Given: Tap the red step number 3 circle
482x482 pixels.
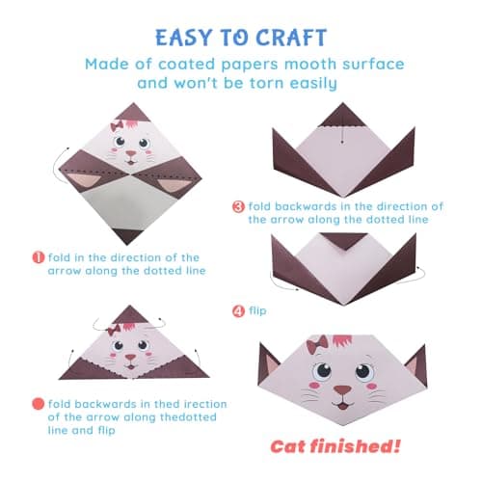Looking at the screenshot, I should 239,206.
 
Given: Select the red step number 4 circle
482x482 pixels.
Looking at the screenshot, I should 239,310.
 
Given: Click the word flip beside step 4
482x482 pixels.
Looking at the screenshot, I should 260,310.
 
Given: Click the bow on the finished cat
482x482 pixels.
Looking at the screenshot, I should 317,345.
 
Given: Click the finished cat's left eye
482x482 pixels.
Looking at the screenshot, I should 316,372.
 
